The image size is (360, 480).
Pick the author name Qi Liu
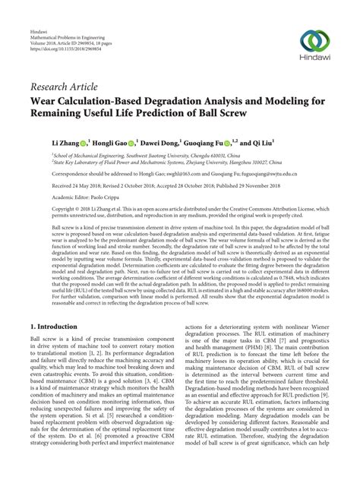[285, 141]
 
